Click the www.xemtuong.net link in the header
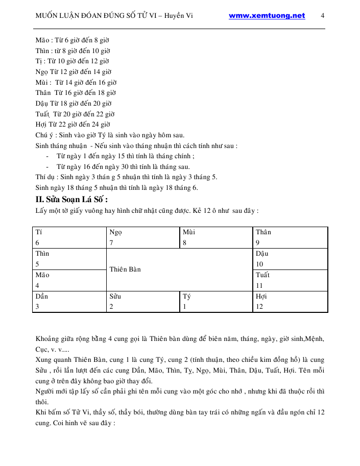point(267,16)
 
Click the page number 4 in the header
point(323,16)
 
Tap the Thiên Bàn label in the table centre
point(125,269)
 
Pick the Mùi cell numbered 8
point(217,237)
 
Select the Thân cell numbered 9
point(290,237)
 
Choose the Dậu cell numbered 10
point(290,259)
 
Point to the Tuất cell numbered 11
point(290,280)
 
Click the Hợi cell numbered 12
point(290,301)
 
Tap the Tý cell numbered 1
point(217,301)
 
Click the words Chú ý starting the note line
point(45,135)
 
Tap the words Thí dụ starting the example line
point(45,177)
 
